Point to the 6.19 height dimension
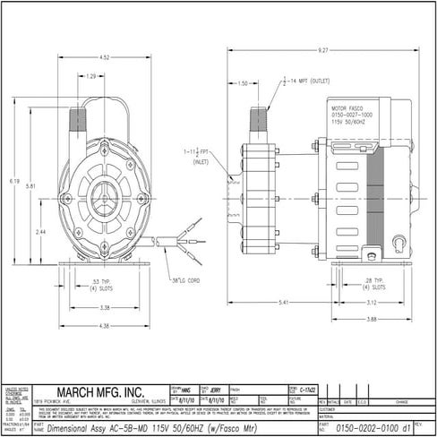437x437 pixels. (x=15, y=181)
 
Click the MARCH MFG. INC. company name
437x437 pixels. (x=99, y=391)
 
